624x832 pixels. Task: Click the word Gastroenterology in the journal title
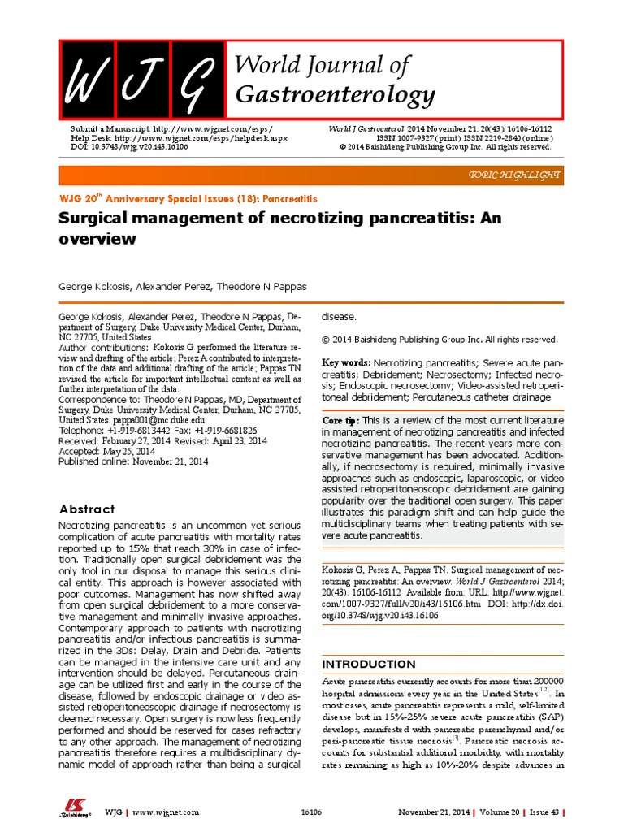click(335, 95)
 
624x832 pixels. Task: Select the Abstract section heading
click(88, 509)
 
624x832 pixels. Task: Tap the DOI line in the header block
click(129, 147)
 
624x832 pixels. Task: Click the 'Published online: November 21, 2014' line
click(133, 461)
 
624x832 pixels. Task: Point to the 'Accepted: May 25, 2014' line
click(106, 451)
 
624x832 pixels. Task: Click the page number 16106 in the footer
click(311, 812)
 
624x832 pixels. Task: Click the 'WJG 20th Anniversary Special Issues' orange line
click(188, 197)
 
